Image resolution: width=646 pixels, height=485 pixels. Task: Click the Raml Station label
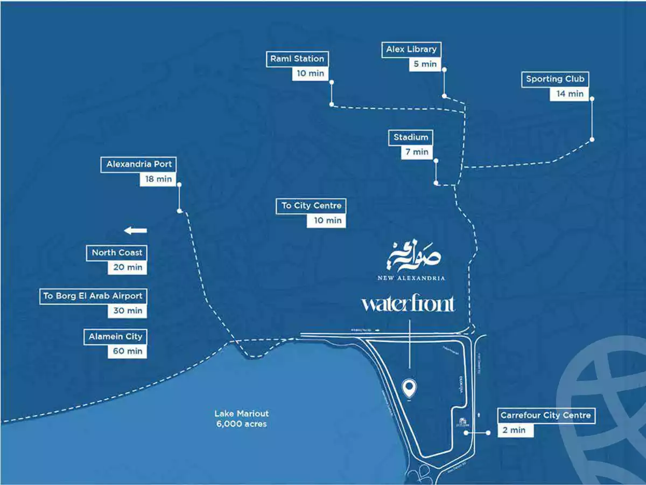point(297,59)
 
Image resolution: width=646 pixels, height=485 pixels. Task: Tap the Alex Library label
point(411,50)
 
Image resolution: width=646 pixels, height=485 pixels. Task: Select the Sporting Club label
point(555,79)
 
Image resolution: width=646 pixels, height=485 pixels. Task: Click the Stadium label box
point(411,137)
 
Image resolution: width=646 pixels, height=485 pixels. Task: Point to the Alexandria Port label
point(139,164)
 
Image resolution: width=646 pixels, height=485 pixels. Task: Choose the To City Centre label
point(311,206)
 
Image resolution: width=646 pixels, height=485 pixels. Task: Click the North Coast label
point(117,253)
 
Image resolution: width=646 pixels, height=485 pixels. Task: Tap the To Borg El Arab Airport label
point(93,296)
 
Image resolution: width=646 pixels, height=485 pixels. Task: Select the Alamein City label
point(116,337)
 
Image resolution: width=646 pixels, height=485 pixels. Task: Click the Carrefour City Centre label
point(545,415)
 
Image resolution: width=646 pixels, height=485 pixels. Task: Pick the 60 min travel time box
point(127,351)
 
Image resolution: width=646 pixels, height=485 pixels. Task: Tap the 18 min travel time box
point(158,179)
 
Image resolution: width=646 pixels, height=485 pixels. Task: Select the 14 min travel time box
point(570,94)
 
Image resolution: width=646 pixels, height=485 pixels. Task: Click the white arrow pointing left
point(135,231)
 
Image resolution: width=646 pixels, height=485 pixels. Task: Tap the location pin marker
point(410,386)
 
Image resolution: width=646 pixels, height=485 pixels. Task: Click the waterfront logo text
point(408,304)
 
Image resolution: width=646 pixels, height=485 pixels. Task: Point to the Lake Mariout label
point(241,419)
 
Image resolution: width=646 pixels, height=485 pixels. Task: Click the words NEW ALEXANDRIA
point(411,279)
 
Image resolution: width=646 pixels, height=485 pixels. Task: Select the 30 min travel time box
point(128,310)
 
